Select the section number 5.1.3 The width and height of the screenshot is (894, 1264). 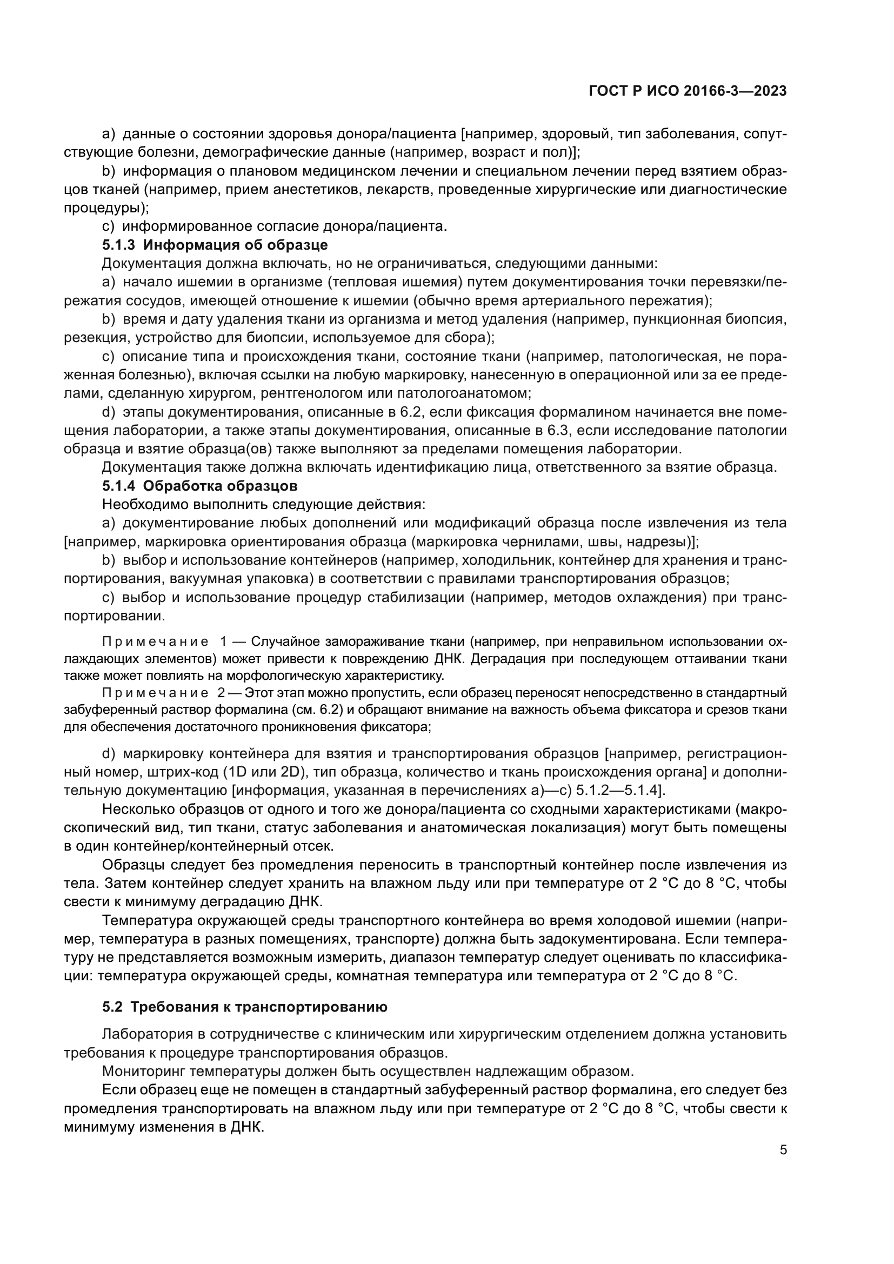click(x=118, y=244)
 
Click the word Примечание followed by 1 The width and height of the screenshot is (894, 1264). click(x=155, y=642)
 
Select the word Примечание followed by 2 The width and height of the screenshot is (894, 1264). click(x=155, y=693)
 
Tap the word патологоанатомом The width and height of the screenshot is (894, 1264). click(x=464, y=393)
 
